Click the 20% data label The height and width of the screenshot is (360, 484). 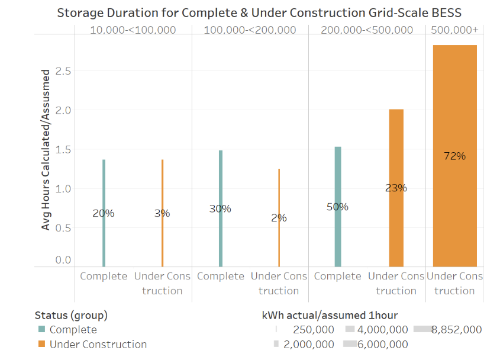tap(104, 213)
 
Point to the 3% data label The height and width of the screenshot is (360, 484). tap(162, 213)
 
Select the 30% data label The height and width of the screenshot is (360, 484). tap(220, 208)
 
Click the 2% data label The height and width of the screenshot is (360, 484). tap(279, 218)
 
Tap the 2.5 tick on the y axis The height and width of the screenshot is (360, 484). tap(63, 71)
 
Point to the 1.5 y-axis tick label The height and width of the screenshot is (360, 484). tap(63, 150)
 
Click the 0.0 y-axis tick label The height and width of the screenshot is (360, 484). tap(63, 259)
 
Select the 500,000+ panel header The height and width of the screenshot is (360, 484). tap(454, 30)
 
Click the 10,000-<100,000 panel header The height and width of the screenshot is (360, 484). tap(133, 30)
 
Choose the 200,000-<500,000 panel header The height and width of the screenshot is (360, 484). tap(367, 30)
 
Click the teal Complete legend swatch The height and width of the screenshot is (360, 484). tap(41, 330)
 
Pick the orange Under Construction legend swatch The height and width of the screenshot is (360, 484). tap(41, 345)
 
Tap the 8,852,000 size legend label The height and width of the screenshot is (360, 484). tap(456, 330)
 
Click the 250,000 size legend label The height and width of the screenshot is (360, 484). tap(315, 330)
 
